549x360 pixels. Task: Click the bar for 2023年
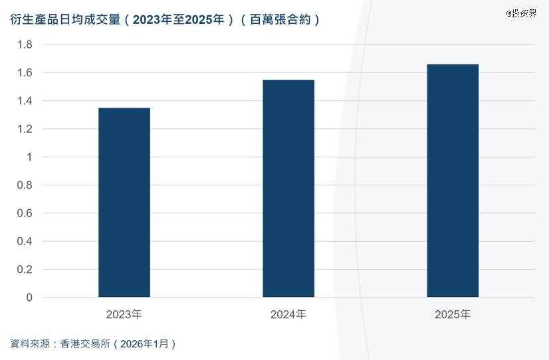124,202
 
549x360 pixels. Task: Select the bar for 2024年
288,188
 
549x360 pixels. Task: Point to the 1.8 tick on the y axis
25,45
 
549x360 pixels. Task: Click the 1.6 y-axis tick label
25,72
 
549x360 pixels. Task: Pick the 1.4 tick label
25,101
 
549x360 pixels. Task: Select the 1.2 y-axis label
25,129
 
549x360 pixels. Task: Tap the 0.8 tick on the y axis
25,185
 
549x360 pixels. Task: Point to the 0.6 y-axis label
25,213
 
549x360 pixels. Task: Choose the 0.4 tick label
25,241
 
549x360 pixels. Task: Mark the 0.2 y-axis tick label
25,270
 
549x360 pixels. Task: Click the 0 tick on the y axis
29,298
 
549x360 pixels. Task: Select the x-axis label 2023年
124,314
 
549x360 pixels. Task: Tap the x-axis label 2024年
288,314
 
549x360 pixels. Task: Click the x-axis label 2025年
453,314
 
